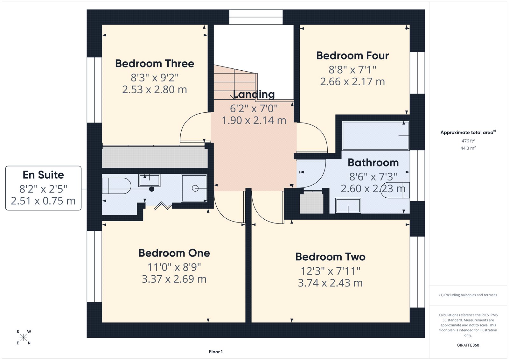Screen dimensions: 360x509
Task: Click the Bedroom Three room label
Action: coord(155,64)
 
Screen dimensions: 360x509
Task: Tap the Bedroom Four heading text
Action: coord(352,56)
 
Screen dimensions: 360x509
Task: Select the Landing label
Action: coord(254,94)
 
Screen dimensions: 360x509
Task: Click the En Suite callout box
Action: coord(43,188)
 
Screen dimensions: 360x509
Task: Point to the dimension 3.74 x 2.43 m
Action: coord(330,283)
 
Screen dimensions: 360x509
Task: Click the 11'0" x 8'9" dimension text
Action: coord(174,267)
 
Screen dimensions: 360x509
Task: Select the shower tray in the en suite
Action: coord(194,188)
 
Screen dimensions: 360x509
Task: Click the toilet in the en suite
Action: coord(116,186)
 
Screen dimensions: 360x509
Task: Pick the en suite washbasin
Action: coord(149,180)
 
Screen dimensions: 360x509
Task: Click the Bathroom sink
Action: coord(348,206)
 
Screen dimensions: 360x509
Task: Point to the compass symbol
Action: coord(24,337)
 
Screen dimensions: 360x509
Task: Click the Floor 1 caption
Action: coord(216,352)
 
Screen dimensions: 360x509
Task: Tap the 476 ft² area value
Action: coord(468,141)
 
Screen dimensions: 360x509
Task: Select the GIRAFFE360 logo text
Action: coord(468,345)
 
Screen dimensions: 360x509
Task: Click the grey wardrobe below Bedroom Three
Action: coord(155,157)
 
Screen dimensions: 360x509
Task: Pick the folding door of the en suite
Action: coord(163,206)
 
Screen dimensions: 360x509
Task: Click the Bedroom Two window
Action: coord(417,272)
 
